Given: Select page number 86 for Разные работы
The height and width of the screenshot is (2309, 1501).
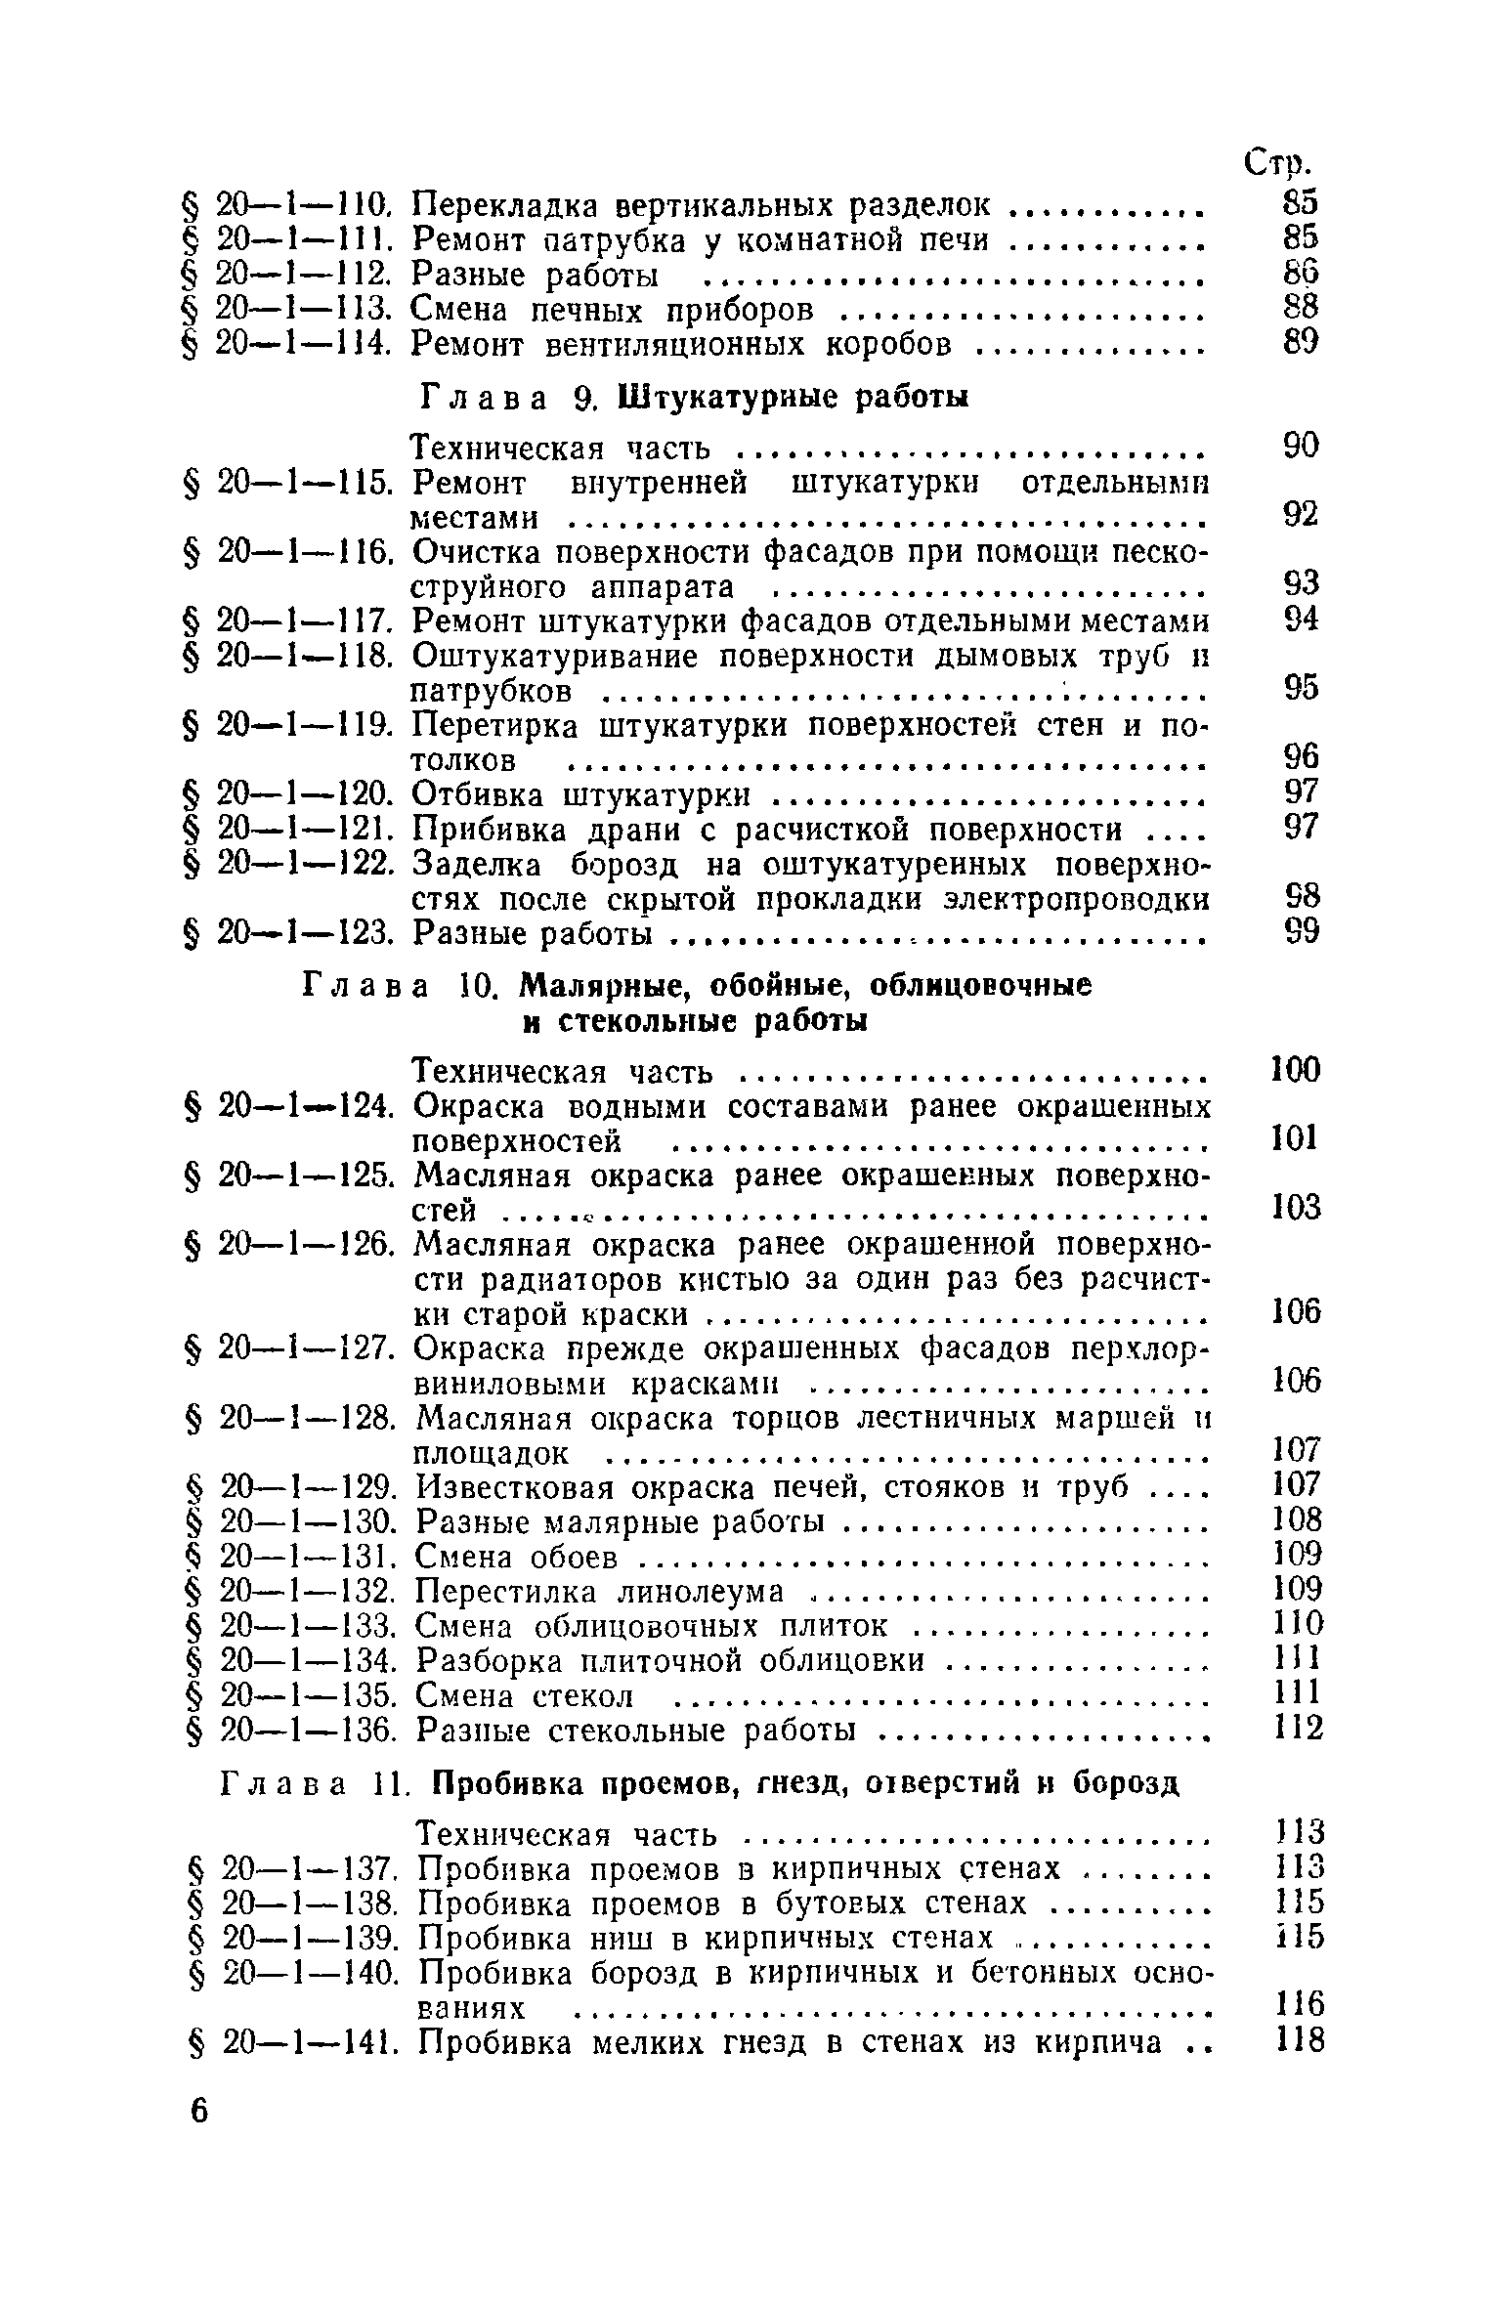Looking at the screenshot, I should click(1301, 274).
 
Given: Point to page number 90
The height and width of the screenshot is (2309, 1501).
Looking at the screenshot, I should click(1301, 447).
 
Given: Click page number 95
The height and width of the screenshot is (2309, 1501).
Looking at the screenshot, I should click(1301, 689).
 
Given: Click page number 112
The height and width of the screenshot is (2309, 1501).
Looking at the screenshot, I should click(1299, 1732).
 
